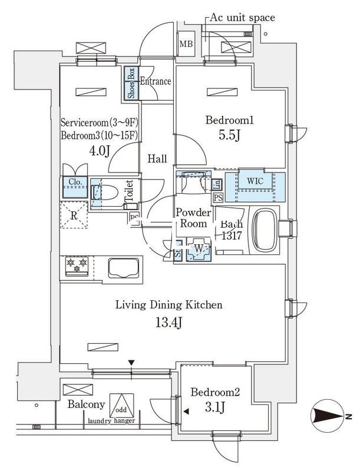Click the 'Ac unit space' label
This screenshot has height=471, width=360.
click(242, 18)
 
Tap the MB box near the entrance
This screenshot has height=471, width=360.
click(186, 44)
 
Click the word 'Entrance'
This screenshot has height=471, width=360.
click(155, 81)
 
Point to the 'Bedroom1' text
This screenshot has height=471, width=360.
click(229, 121)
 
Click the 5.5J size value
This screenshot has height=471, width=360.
click(229, 136)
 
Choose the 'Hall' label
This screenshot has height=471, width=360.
click(157, 158)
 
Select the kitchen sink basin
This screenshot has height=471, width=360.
click(122, 268)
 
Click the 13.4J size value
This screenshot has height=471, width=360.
click(168, 323)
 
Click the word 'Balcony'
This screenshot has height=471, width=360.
click(86, 404)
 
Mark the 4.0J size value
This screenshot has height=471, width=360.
click(100, 151)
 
